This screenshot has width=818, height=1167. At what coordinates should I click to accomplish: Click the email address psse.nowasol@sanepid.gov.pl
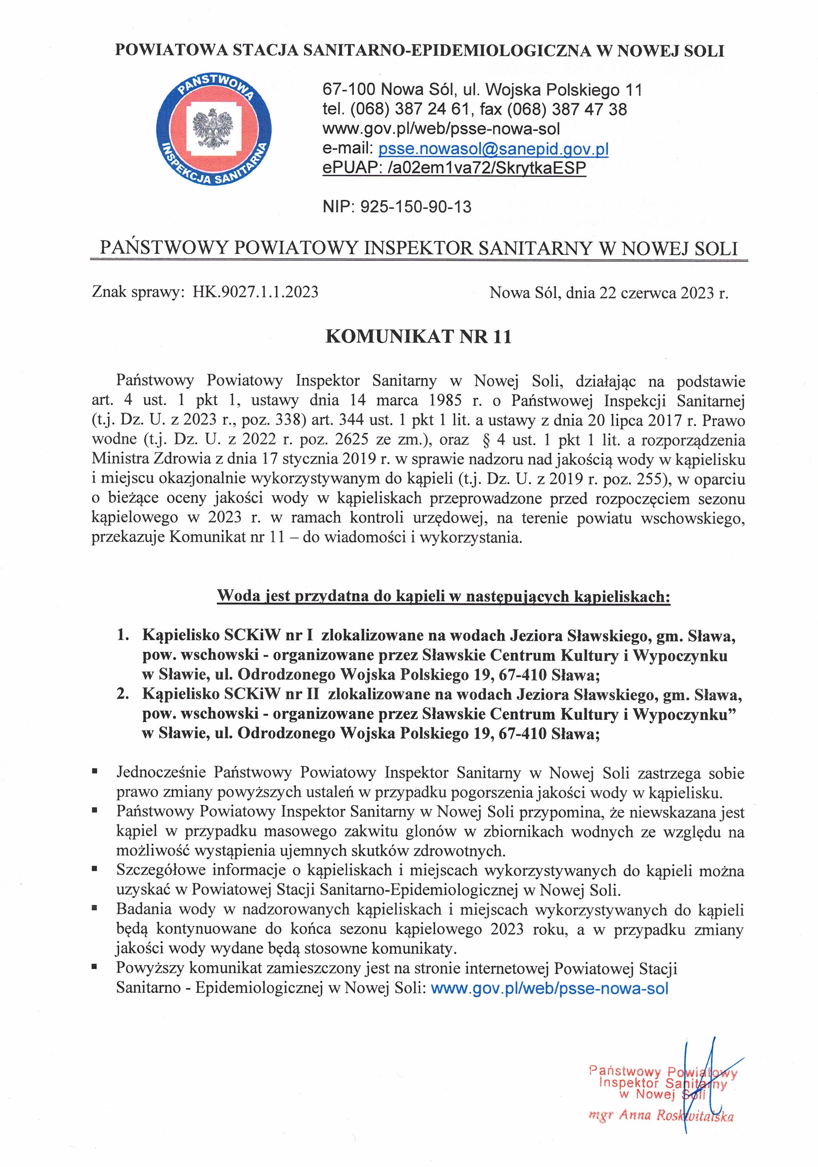[x=493, y=149]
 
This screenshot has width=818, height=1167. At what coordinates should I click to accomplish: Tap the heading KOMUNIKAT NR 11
[x=418, y=337]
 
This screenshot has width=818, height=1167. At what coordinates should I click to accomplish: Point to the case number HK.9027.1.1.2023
[x=255, y=292]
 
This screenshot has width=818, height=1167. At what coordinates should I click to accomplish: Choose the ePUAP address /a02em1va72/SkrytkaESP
[x=487, y=168]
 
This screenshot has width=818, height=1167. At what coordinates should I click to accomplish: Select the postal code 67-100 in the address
[x=349, y=90]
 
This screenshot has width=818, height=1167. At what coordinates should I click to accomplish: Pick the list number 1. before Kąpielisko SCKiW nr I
[x=123, y=635]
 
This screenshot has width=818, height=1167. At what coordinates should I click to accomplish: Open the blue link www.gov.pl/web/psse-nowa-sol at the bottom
[x=549, y=989]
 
